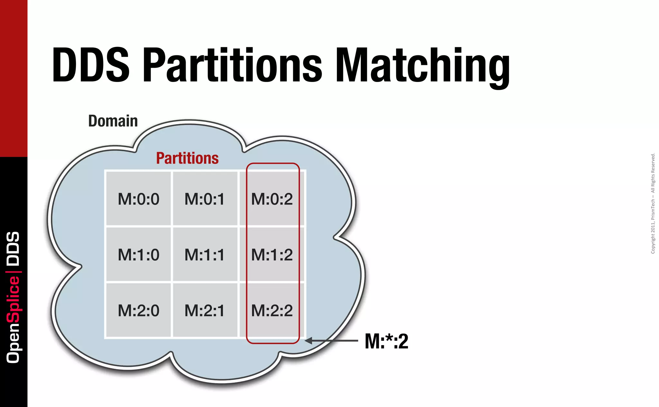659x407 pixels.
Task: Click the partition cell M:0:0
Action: pos(138,199)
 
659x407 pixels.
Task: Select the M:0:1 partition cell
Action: pos(205,199)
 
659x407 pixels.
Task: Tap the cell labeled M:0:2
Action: pos(272,199)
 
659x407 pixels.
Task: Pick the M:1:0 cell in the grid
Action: pos(138,255)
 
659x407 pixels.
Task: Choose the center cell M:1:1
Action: pos(205,255)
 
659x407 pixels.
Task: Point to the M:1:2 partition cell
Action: pos(272,255)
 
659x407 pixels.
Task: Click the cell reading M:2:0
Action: pos(138,311)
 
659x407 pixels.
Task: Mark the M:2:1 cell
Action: pos(205,311)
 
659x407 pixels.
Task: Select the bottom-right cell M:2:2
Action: pos(272,311)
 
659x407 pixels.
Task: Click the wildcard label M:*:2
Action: pos(386,341)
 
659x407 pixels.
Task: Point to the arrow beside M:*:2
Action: pos(331,340)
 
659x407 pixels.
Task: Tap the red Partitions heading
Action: pos(187,158)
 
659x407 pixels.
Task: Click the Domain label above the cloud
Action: pos(113,121)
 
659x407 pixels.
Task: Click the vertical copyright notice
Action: pos(653,204)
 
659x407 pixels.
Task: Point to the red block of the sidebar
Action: pos(14,78)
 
